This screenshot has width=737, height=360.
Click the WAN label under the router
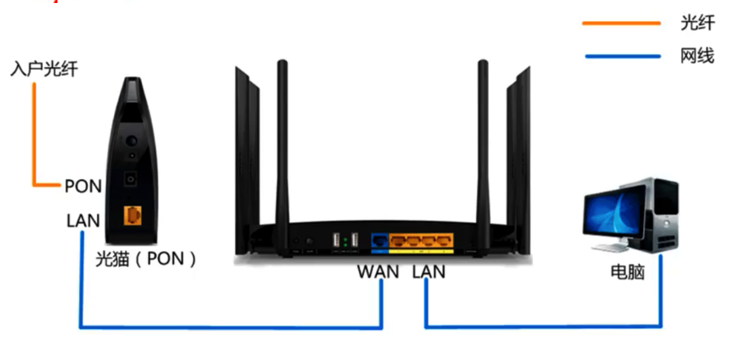[x=378, y=272]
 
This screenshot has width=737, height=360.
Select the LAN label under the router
[x=429, y=272]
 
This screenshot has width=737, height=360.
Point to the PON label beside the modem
[x=83, y=186]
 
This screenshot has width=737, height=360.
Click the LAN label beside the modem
[x=83, y=221]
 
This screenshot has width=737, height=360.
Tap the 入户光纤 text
[x=44, y=69]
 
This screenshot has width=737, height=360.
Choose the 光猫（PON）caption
[x=146, y=259]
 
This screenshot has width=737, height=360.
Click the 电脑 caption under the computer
[x=627, y=272]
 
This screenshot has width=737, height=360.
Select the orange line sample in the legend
[x=621, y=24]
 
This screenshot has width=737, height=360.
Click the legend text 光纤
[x=697, y=23]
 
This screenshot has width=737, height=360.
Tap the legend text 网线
[x=697, y=57]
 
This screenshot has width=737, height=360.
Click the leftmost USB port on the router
[x=335, y=240]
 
